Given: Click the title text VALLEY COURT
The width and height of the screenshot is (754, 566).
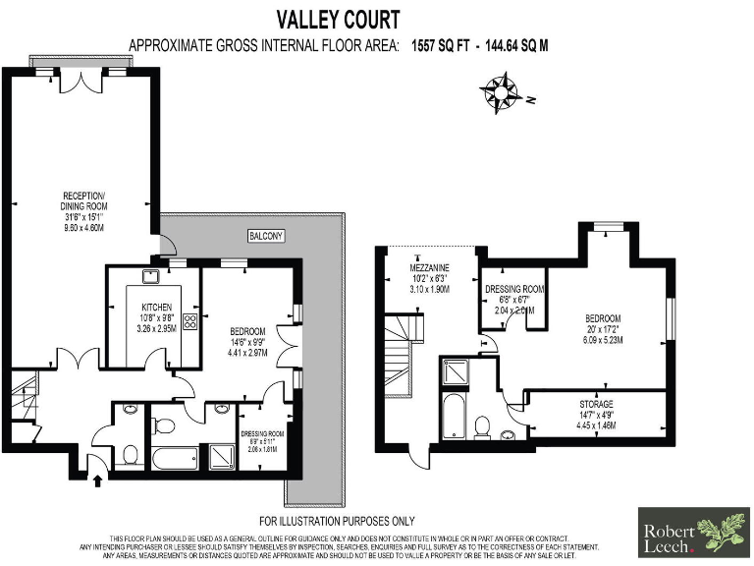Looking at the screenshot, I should pos(337,18).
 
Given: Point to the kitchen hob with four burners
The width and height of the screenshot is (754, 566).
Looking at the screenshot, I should pos(188,321).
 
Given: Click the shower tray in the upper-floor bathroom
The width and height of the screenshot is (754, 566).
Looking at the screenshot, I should pos(457,372).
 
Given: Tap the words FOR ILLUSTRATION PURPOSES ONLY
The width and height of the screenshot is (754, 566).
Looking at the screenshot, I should pos(337,521).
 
